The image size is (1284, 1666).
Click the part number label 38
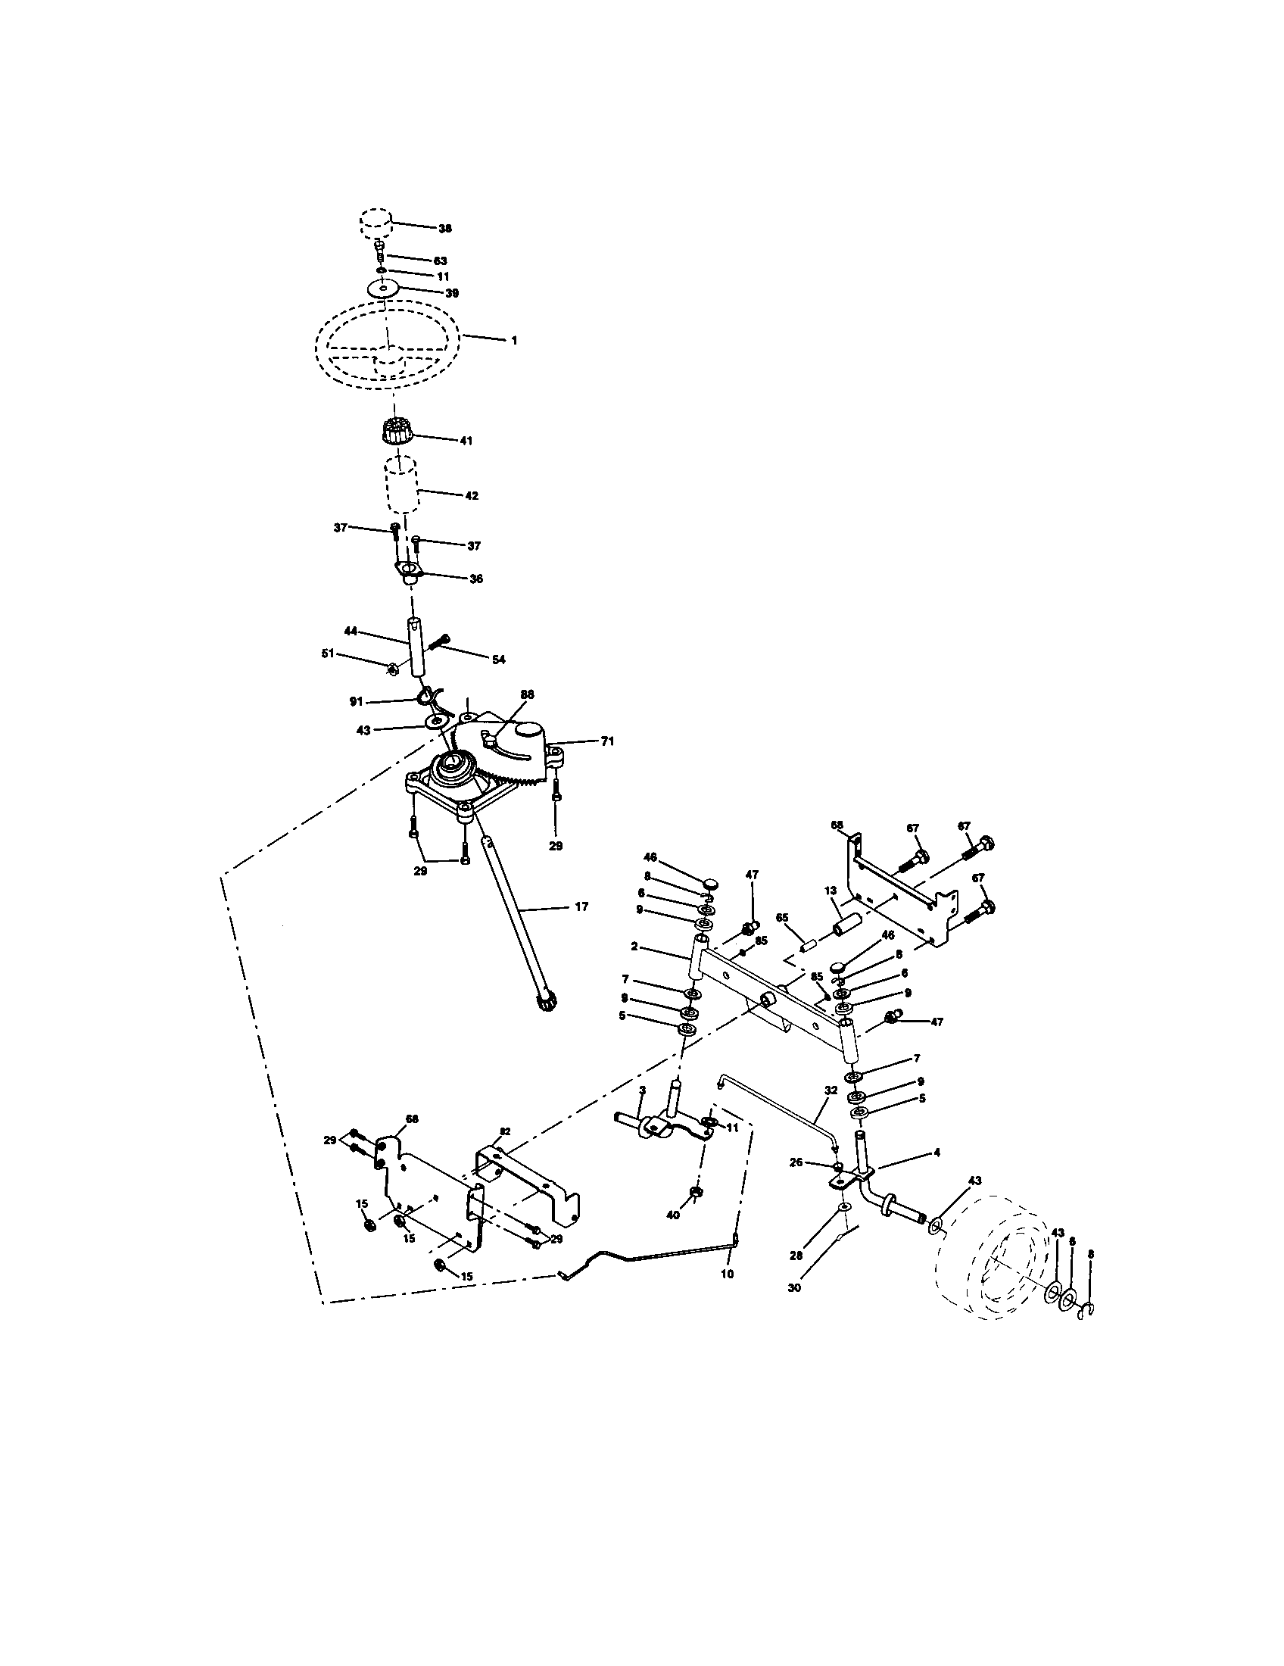[x=444, y=228]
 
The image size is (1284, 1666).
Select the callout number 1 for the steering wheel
[x=514, y=341]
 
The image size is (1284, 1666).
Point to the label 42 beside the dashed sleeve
[x=471, y=496]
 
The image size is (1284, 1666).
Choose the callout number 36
[x=476, y=579]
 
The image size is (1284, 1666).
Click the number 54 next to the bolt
[x=498, y=660]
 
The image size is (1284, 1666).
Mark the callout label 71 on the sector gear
[x=607, y=741]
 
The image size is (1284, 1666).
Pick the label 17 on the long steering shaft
[x=581, y=907]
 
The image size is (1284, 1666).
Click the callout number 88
[x=527, y=694]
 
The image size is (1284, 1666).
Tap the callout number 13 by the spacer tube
[x=831, y=891]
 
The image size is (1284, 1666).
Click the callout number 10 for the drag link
[x=727, y=1274]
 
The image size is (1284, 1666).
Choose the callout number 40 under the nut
[x=672, y=1215]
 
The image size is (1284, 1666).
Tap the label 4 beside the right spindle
[x=937, y=1153]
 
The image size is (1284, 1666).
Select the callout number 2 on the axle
[x=634, y=947]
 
